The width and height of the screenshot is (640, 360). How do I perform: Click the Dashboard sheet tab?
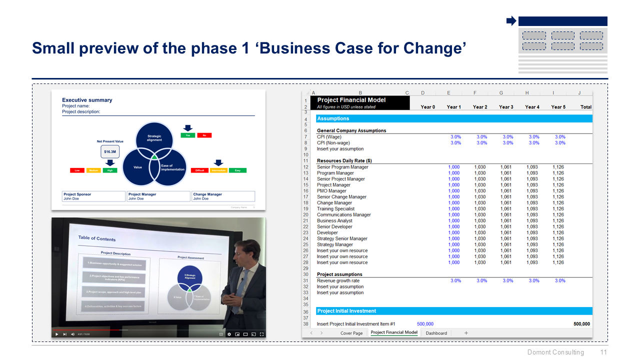coord(436,333)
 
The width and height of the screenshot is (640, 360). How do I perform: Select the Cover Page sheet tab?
coord(351,333)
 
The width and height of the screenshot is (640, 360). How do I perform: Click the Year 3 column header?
coord(506,107)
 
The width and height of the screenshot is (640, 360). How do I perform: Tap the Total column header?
coord(585,107)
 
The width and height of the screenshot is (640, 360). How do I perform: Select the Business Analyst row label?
coord(334,221)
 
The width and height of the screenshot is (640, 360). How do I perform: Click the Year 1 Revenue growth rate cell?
coord(455,281)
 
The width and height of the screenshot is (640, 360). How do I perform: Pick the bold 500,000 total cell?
coord(581,324)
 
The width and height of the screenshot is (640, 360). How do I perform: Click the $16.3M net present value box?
coord(110,151)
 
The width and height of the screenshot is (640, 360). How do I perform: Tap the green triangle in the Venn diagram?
coord(155,157)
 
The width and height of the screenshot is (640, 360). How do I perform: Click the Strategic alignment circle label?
coord(154,138)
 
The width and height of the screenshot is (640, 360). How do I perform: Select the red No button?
coord(204,135)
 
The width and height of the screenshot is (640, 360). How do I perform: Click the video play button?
coord(56,334)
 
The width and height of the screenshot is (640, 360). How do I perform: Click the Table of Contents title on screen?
coord(96,238)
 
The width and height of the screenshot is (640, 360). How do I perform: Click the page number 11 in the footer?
coord(603,352)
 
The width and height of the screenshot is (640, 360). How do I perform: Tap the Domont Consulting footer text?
coord(555,352)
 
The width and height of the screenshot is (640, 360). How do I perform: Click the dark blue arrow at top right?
coord(511,21)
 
